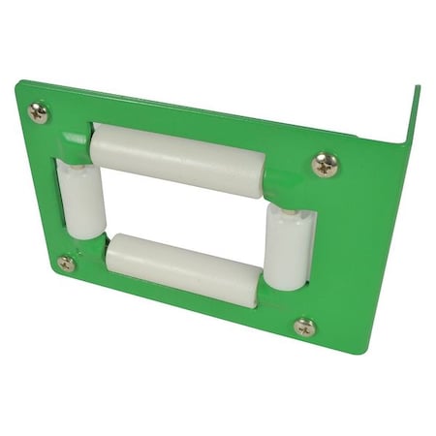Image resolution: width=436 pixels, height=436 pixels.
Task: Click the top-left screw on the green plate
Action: [38, 112]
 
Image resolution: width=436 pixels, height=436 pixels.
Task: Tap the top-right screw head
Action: [326, 165]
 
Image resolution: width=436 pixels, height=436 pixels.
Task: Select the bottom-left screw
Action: [66, 263]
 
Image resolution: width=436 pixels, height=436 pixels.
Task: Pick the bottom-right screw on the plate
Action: [304, 327]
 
